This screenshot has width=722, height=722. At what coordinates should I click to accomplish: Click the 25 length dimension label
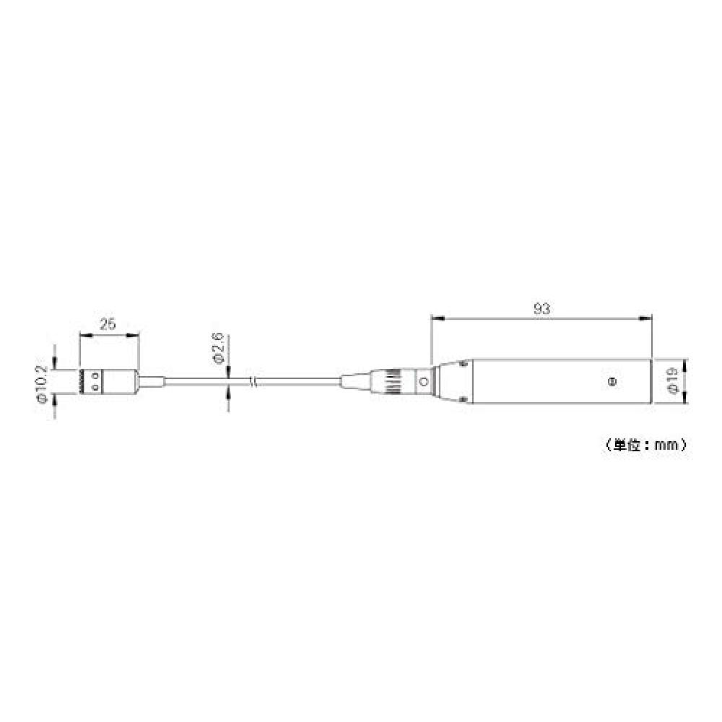coord(108,324)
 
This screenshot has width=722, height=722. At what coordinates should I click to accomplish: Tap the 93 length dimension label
coord(541,308)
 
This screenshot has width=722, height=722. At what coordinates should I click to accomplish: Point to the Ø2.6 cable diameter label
coord(217,348)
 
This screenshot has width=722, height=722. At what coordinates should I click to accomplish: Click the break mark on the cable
coord(252,380)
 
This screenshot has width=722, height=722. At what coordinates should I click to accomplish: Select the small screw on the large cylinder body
coord(612,380)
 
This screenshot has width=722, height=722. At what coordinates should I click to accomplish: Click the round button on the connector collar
coord(424,381)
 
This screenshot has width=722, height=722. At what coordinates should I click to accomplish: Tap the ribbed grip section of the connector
coord(392,381)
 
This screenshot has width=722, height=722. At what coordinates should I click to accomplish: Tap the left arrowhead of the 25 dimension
coord(82,334)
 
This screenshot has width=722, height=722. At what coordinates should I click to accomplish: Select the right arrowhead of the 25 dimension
coord(135,334)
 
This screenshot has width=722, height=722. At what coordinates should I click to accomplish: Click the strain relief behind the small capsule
coord(153,381)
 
